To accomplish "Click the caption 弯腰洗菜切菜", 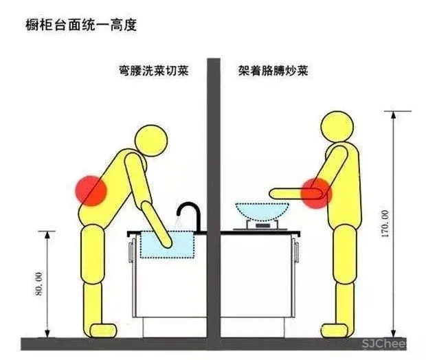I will tap(153, 71).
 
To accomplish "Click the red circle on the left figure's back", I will tap(91, 189).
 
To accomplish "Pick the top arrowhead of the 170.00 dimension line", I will tap(391, 113).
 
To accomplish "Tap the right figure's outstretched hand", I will tap(273, 192).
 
